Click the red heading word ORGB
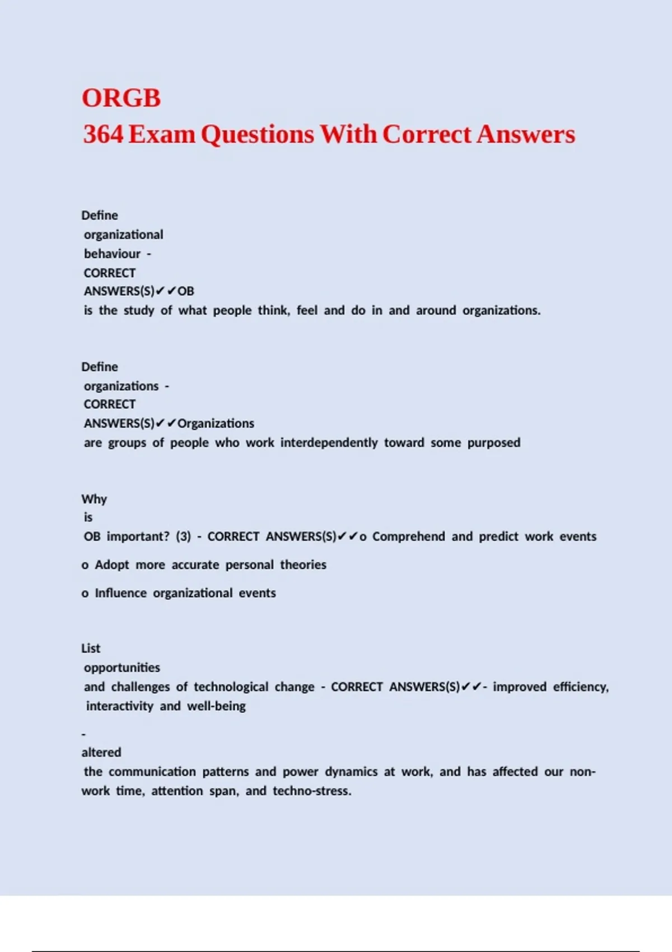pyautogui.click(x=121, y=98)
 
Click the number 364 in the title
pyautogui.click(x=103, y=134)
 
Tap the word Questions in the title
pyautogui.click(x=257, y=134)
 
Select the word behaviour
pyautogui.click(x=112, y=254)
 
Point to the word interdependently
pyautogui.click(x=329, y=442)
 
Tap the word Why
pyautogui.click(x=94, y=499)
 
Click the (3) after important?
pyautogui.click(x=183, y=536)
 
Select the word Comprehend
pyautogui.click(x=408, y=536)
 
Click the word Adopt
pyautogui.click(x=112, y=564)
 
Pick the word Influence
pyautogui.click(x=120, y=593)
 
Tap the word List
pyautogui.click(x=91, y=648)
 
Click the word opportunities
pyautogui.click(x=122, y=668)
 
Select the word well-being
pyautogui.click(x=216, y=706)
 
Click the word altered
pyautogui.click(x=101, y=752)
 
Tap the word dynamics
pyautogui.click(x=351, y=772)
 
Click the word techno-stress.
pyautogui.click(x=312, y=791)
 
